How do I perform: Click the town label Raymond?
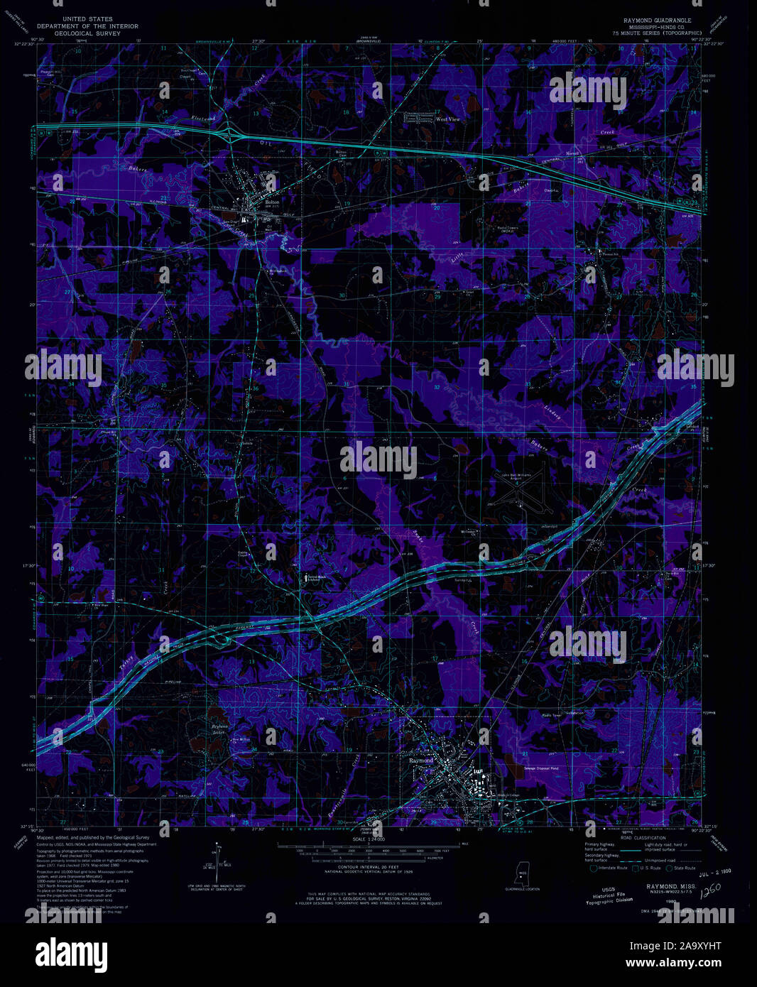coord(421,760)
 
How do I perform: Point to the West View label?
coord(447,119)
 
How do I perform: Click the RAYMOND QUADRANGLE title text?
coord(655,21)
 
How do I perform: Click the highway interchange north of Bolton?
coord(231,131)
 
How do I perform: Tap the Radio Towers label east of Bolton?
coord(506,228)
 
